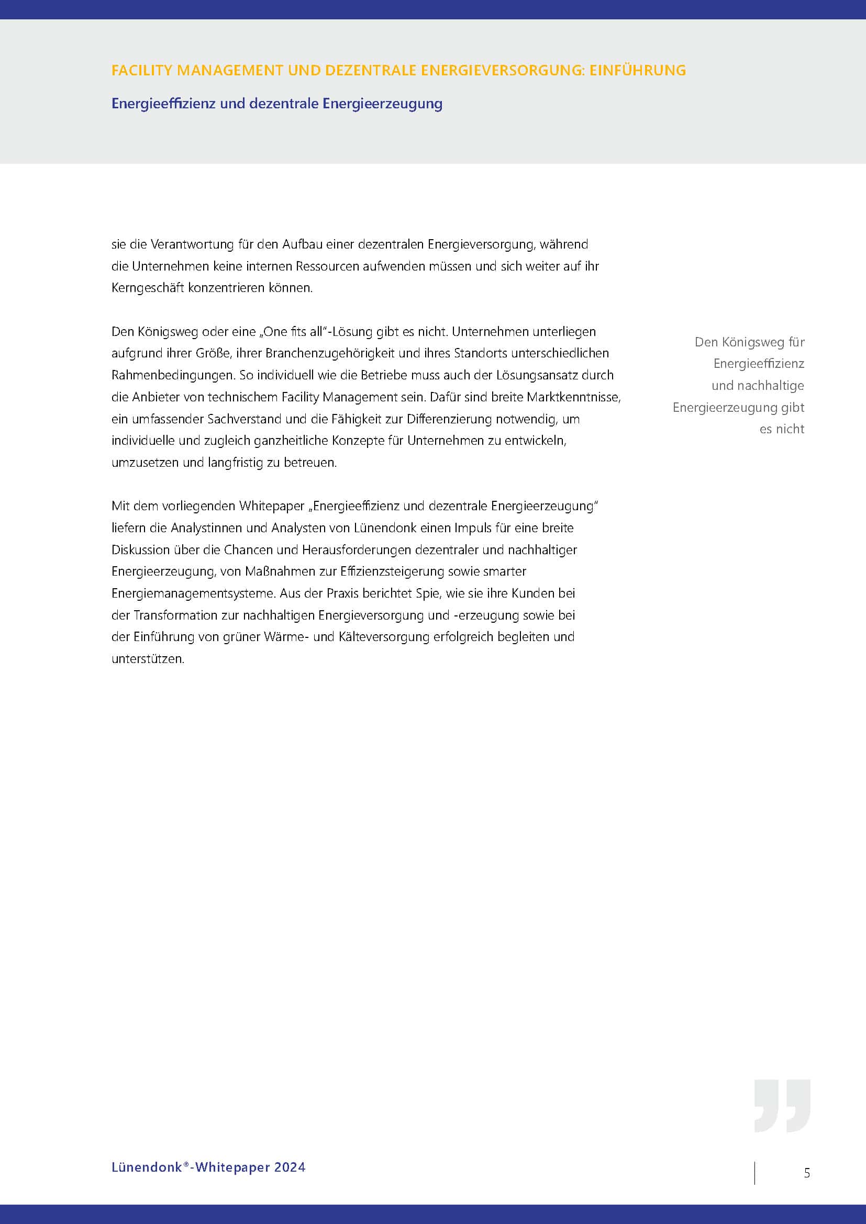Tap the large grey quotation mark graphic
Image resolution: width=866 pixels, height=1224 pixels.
[782, 1106]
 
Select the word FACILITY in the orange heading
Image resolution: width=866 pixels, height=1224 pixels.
[142, 70]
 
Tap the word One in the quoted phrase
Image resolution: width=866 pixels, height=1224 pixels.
[275, 332]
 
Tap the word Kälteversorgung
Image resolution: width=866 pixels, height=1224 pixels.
[384, 637]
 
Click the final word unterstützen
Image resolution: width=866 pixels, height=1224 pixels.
[147, 659]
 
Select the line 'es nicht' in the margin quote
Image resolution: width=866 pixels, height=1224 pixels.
[781, 429]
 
